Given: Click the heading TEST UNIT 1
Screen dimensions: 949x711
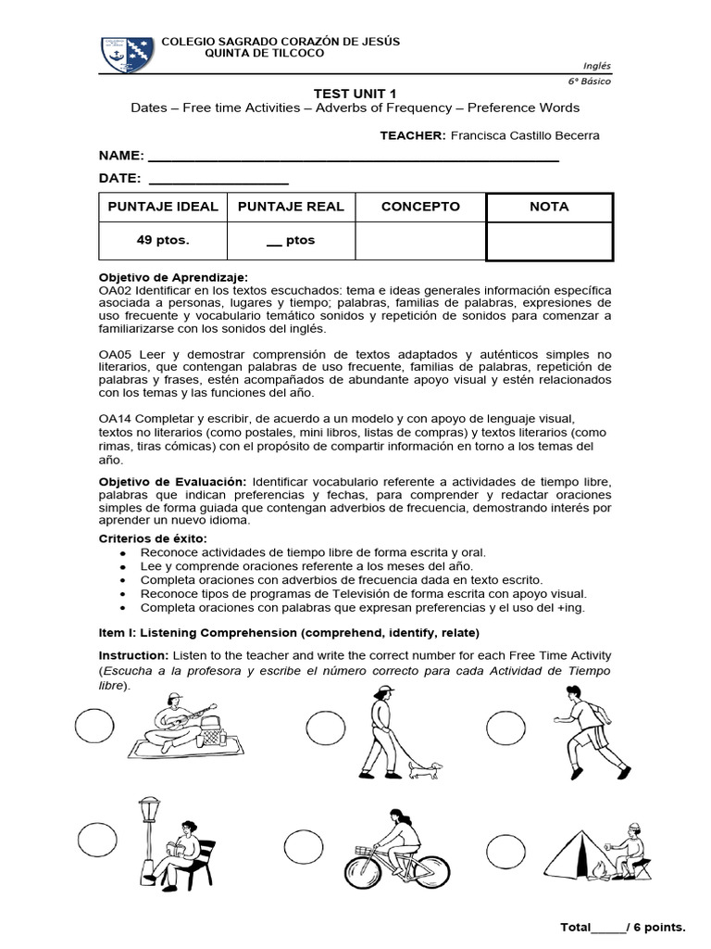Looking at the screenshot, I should pos(355,93).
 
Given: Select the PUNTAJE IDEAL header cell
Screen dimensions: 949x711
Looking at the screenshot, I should pos(163,207).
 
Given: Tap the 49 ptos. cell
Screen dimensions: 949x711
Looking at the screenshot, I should pos(163,240).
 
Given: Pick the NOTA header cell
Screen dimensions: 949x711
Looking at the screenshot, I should pos(549,207).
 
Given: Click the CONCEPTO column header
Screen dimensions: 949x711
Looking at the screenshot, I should pos(420,207).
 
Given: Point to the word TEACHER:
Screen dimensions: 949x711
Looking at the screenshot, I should pos(413,135).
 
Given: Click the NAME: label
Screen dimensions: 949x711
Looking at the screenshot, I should pos(121,156).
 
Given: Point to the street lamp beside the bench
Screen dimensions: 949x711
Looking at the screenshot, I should pos(148,834).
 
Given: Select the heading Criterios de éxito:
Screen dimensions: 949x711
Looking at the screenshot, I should pos(153,539).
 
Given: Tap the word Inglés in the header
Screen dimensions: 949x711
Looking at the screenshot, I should pos(597,65).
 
